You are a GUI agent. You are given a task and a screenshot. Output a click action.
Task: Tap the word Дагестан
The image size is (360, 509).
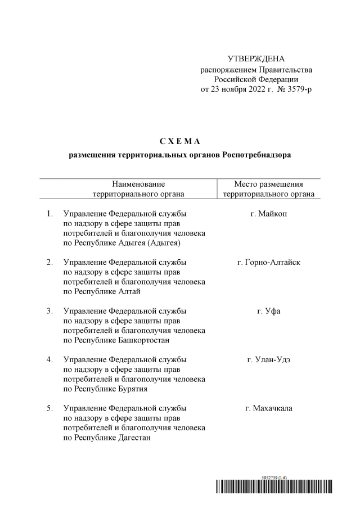pos(134,438)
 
